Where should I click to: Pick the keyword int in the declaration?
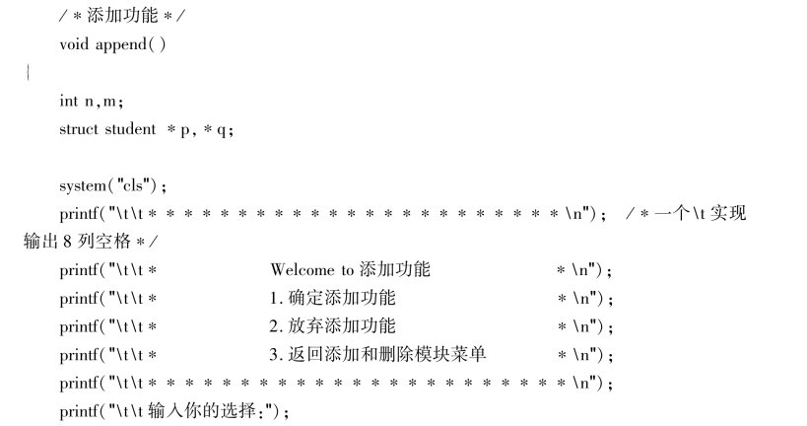(68, 101)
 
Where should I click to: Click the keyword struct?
(80, 129)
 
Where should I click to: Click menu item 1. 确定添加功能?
(333, 298)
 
